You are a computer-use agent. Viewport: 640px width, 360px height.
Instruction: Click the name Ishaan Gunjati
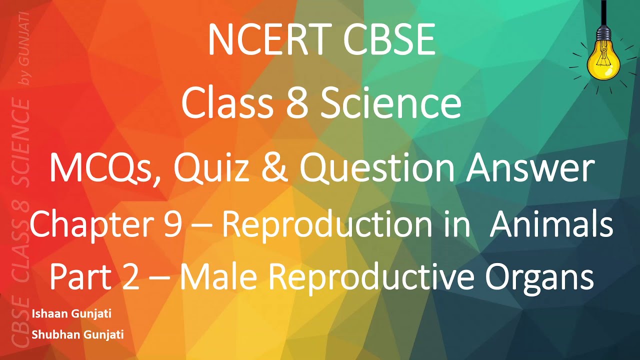pos(71,314)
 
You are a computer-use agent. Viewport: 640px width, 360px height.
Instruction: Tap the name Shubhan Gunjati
pos(77,334)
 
